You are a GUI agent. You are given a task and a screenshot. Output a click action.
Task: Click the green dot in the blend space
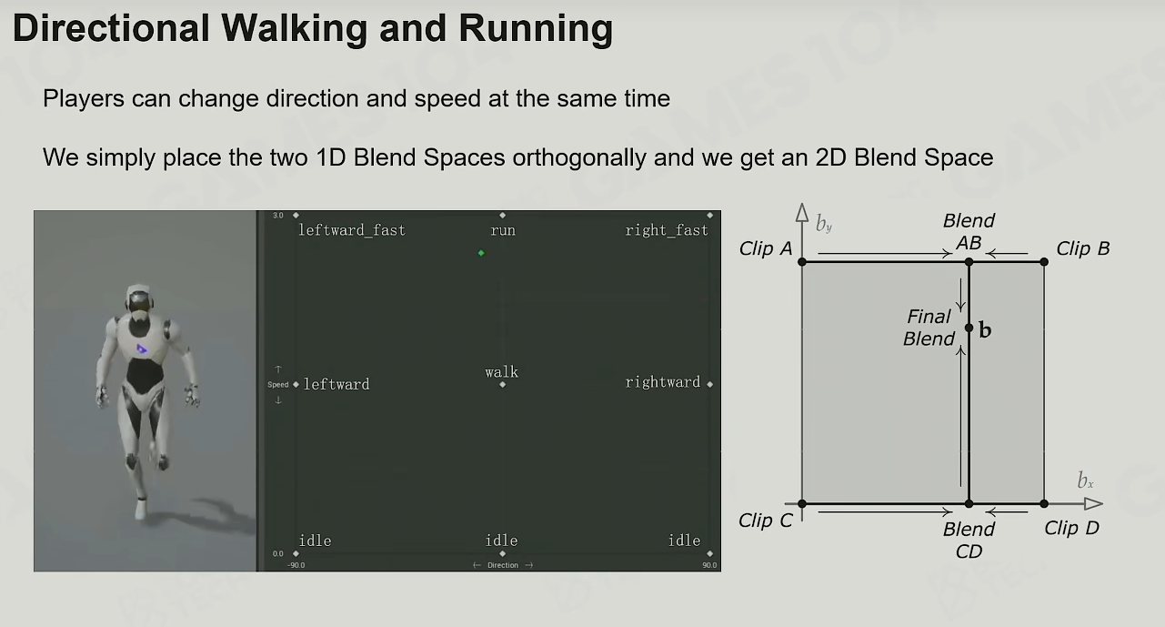point(481,253)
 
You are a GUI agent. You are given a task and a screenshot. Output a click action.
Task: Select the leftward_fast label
point(352,230)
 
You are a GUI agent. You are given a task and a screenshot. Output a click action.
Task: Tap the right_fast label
point(667,230)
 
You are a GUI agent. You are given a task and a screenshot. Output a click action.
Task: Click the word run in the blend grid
point(503,230)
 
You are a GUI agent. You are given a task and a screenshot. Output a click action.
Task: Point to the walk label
point(501,372)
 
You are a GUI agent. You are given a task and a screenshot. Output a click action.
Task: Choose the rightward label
point(663,382)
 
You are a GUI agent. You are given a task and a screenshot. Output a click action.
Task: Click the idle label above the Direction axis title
point(501,541)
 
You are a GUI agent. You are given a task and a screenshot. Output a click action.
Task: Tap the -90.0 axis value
point(296,565)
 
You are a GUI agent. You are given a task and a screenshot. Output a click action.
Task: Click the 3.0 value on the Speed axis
point(278,216)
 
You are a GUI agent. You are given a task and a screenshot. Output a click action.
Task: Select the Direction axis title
point(503,565)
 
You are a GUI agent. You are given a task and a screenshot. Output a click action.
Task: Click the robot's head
point(139,298)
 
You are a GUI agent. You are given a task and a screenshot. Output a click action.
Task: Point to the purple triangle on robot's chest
point(142,349)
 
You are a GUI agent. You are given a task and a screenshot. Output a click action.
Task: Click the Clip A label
point(766,248)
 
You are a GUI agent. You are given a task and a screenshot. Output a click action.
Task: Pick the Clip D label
point(1071,528)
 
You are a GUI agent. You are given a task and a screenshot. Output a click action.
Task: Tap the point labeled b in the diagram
point(969,328)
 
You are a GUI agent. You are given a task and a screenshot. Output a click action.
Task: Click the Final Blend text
point(929,328)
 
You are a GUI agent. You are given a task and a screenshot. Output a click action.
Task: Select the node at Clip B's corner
point(1044,262)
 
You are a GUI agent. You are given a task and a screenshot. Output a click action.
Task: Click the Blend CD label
point(969,541)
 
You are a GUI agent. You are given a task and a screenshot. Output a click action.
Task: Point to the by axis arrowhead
point(802,212)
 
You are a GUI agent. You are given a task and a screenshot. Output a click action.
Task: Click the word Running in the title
point(536,28)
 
